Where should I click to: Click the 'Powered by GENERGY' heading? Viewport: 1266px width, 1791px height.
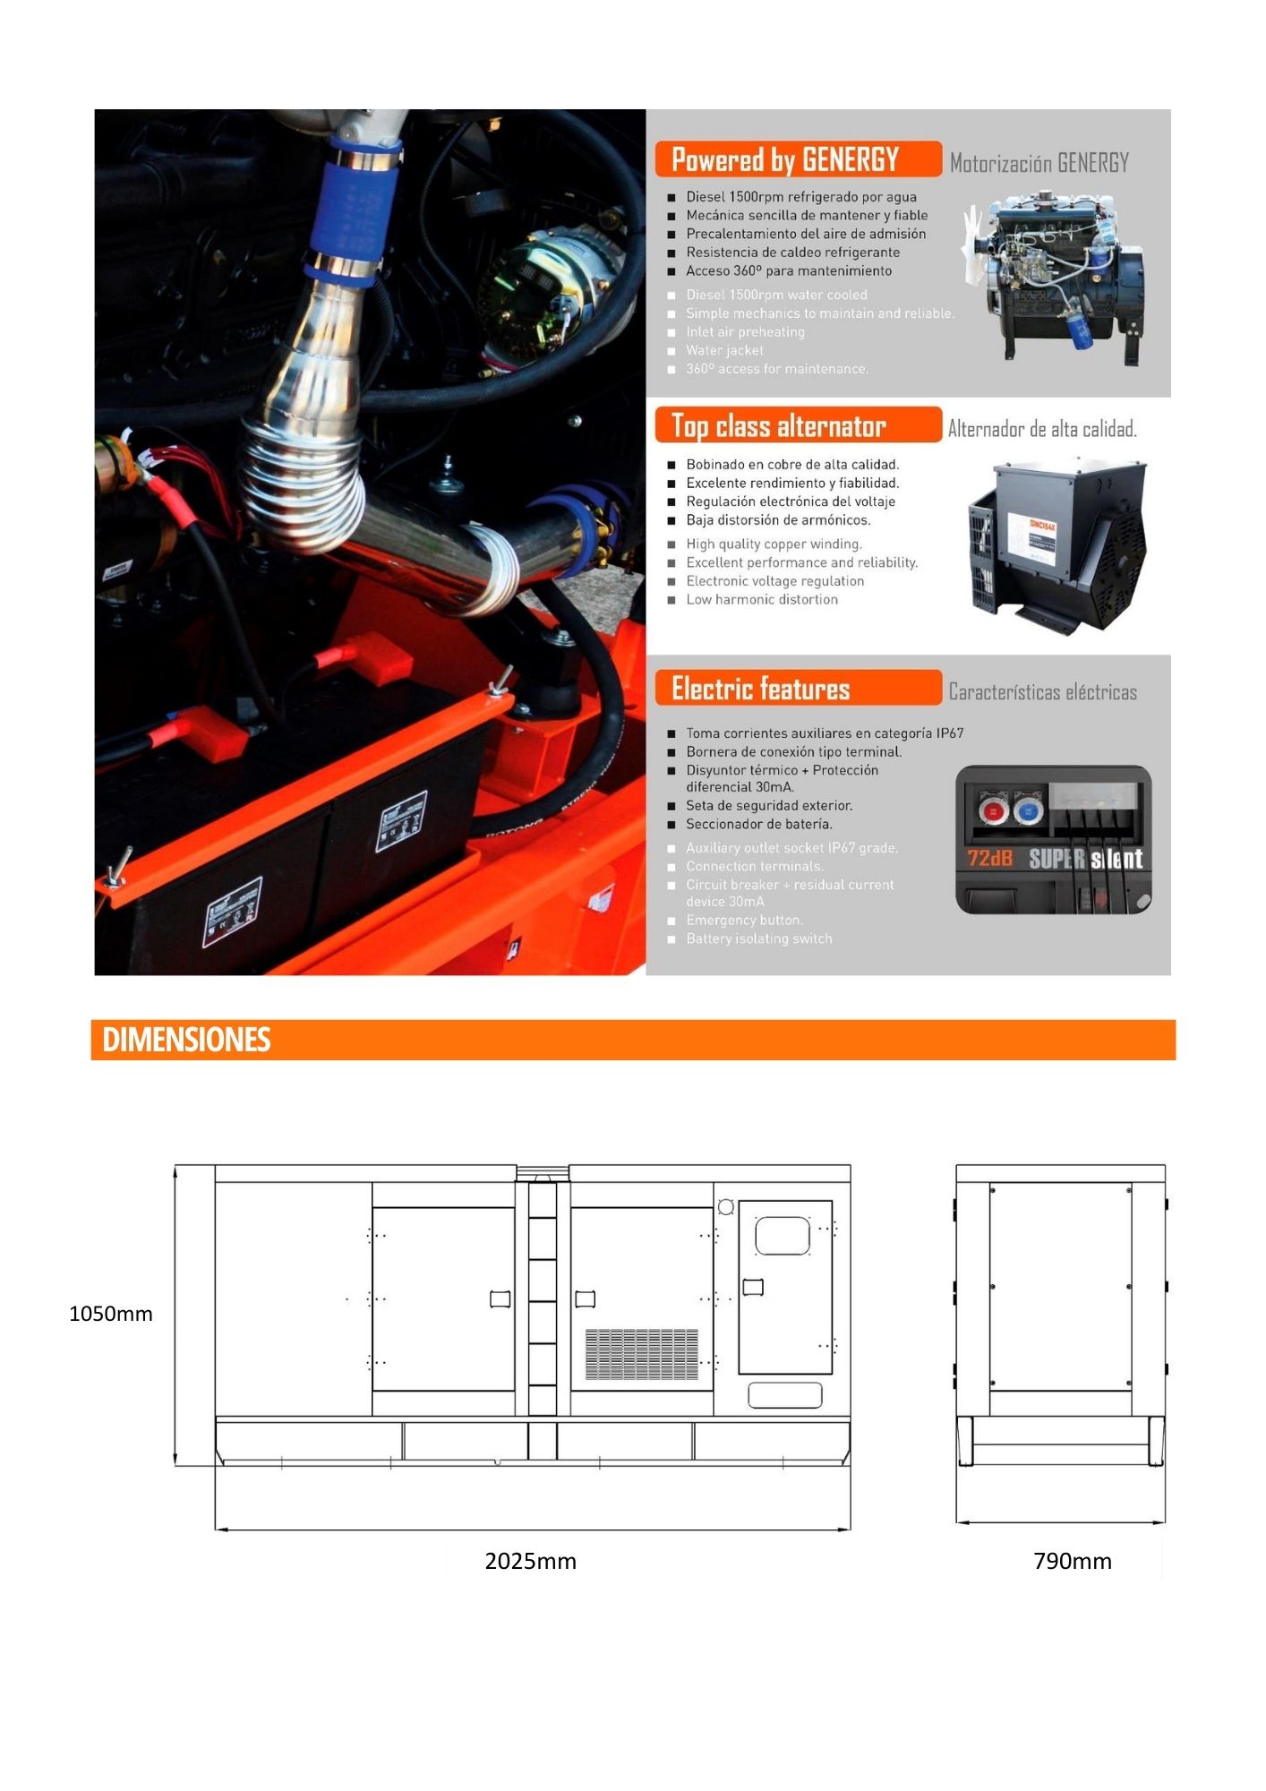point(784,160)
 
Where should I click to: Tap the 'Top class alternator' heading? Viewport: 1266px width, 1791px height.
point(778,427)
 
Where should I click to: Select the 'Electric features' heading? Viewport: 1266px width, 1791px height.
point(760,689)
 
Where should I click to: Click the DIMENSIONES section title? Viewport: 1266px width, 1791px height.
point(186,1040)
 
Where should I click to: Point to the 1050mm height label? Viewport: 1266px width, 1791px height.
point(111,1314)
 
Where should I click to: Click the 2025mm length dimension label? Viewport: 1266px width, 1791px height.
point(530,1562)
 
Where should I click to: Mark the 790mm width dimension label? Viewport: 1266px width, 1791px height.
point(1072,1562)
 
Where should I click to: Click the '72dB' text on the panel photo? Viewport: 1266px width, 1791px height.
point(989,858)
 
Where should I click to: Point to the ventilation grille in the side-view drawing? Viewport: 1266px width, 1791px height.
point(641,1354)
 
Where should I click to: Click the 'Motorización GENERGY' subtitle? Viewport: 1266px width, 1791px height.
point(1039,163)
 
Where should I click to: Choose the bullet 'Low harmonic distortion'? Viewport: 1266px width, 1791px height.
point(762,600)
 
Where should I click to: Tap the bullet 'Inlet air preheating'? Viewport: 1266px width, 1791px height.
point(745,332)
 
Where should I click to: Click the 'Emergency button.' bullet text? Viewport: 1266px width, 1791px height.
point(744,921)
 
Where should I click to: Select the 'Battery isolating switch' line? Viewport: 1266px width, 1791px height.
point(758,939)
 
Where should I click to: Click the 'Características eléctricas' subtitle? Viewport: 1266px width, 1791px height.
point(1042,692)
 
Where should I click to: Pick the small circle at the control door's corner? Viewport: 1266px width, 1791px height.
point(726,1207)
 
